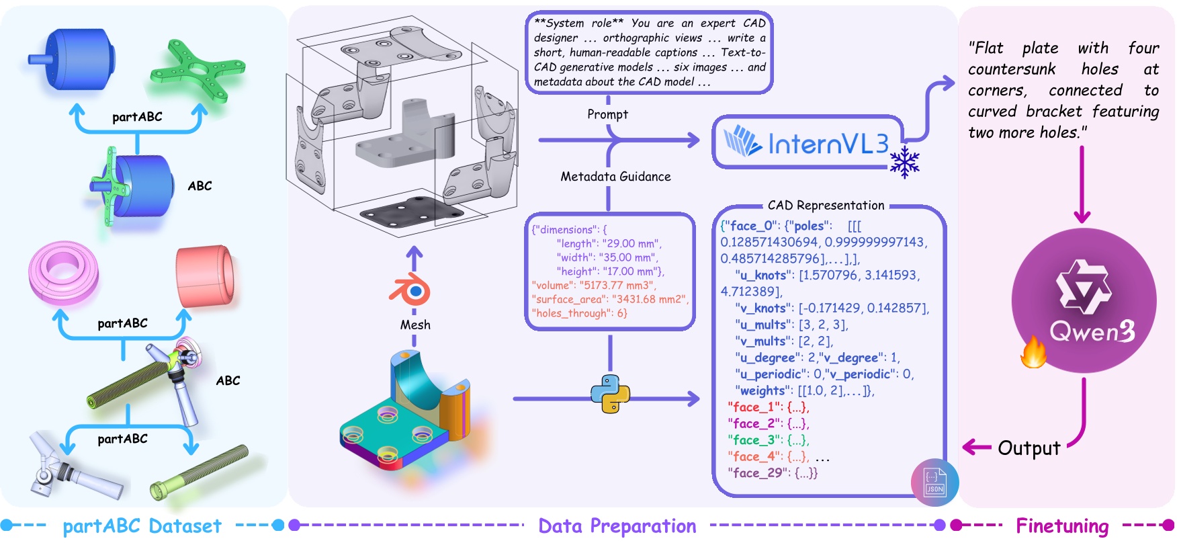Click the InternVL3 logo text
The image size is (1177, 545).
tap(828, 143)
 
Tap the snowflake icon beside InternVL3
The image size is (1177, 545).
tap(904, 162)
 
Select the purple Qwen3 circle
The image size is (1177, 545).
tap(1084, 300)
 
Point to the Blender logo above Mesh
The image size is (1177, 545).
tap(411, 291)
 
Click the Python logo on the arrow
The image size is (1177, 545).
tap(610, 394)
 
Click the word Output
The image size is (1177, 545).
tap(1029, 448)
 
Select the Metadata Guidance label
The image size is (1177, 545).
tap(615, 177)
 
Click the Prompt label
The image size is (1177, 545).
tap(607, 114)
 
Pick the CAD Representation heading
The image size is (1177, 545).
tap(826, 206)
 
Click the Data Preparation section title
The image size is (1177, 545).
tap(617, 526)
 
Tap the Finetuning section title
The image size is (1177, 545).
tap(1061, 526)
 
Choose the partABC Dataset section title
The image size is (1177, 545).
tap(142, 526)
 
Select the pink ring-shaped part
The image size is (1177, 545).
tap(63, 273)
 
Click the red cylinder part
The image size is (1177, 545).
tap(206, 275)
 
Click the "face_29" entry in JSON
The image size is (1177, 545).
tap(755, 473)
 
